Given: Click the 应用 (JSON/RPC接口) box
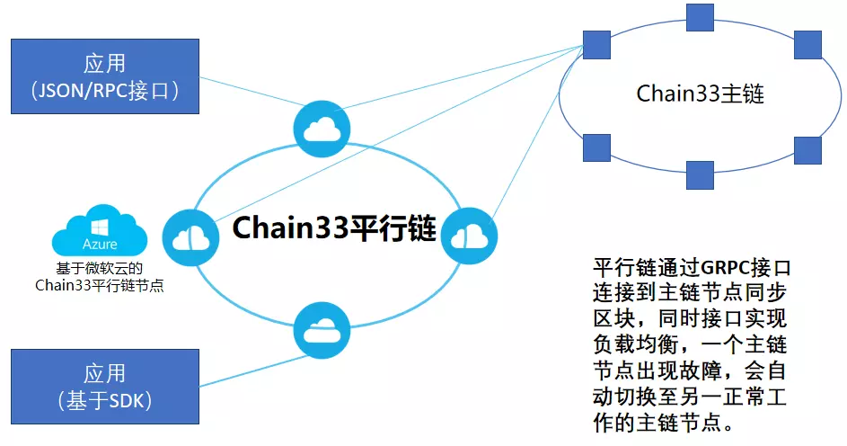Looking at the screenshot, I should (x=105, y=76).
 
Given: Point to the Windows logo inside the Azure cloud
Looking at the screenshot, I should (x=101, y=225).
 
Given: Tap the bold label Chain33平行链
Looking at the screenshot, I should (x=334, y=229).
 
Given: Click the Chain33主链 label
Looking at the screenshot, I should (x=700, y=93).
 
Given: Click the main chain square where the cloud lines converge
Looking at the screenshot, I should (x=596, y=41).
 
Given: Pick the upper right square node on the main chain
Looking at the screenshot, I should (x=807, y=42).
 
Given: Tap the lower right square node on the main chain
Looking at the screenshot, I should (x=807, y=149).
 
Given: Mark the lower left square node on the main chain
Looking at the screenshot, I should (x=596, y=147).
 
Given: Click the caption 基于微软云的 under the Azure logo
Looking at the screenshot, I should (x=101, y=268).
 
